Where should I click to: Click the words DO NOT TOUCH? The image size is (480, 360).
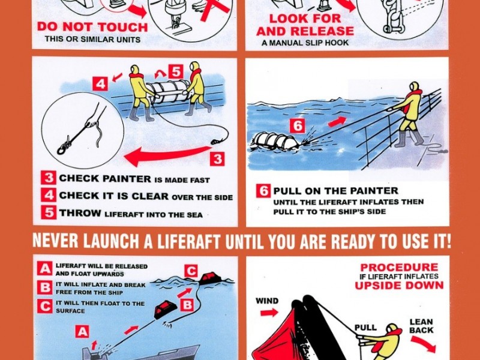[92, 27]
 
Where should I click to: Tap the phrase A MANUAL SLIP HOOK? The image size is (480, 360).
[305, 43]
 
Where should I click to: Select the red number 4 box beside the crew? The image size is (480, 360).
[100, 84]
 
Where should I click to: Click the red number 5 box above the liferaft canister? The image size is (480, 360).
[176, 72]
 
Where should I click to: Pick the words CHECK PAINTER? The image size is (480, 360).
[105, 178]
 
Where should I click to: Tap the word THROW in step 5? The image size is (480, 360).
[80, 213]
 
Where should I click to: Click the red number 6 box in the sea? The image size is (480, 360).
[297, 125]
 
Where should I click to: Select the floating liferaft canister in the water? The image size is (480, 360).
[274, 142]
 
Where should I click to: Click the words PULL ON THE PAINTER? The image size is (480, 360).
[335, 191]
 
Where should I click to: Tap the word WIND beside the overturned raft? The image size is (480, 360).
[267, 301]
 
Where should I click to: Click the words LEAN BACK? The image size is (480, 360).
[422, 326]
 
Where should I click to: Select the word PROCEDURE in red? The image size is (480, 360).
[399, 267]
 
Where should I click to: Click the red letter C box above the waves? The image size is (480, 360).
[191, 271]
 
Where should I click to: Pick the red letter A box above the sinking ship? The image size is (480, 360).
[82, 332]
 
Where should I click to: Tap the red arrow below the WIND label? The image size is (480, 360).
[269, 313]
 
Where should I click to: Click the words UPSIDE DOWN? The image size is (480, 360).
[399, 286]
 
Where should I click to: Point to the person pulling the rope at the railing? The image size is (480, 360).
[409, 113]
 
